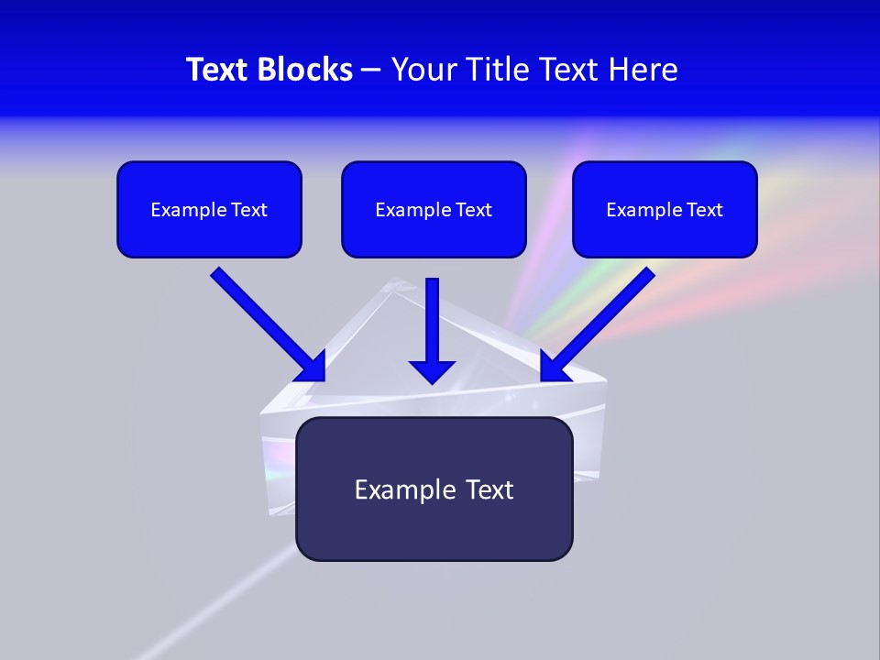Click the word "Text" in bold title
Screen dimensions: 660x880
point(218,70)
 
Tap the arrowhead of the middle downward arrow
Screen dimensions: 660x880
point(432,370)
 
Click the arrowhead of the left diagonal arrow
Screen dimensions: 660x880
point(311,366)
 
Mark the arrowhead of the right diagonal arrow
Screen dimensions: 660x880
point(554,366)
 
